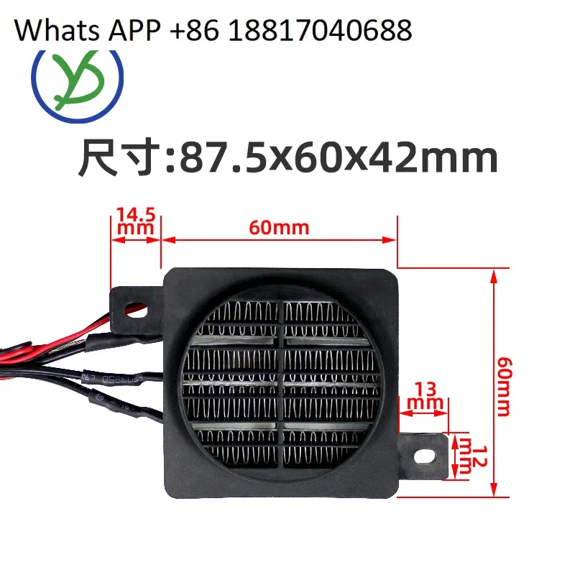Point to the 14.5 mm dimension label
click(135, 219)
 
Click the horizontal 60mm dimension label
click(280, 228)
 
